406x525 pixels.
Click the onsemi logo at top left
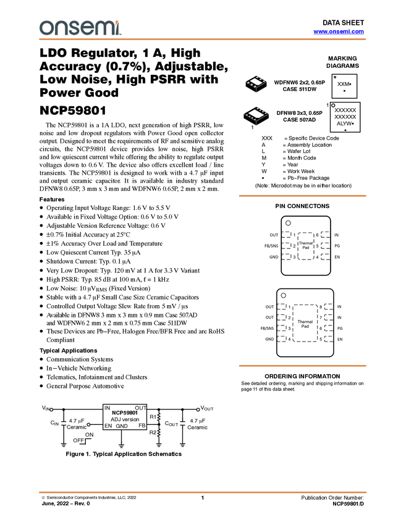pos(80,28)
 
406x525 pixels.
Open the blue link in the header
pos(339,31)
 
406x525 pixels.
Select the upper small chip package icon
pos(255,82)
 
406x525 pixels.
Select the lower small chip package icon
pos(256,114)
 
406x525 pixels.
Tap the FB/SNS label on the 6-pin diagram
pos(271,246)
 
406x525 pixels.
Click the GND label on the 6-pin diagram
pos(274,256)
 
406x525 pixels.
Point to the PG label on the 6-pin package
pos(337,246)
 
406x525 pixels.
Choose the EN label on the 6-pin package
pos(337,256)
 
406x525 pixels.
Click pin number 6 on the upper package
pos(317,235)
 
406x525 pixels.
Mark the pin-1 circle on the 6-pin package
pos(288,222)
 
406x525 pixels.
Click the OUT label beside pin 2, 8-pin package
pos(269,317)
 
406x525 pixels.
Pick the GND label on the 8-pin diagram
pos(269,339)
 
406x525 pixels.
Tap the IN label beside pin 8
pos(340,306)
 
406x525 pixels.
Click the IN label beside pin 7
pos(340,317)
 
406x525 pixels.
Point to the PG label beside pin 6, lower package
pos(340,329)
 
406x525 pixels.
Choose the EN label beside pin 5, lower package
pos(340,339)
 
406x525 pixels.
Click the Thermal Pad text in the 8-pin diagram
pos(305,324)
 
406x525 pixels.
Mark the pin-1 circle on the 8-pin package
pos(284,295)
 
